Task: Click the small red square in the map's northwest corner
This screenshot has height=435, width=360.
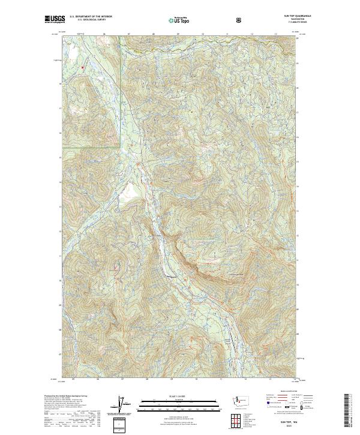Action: click(x=83, y=67)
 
